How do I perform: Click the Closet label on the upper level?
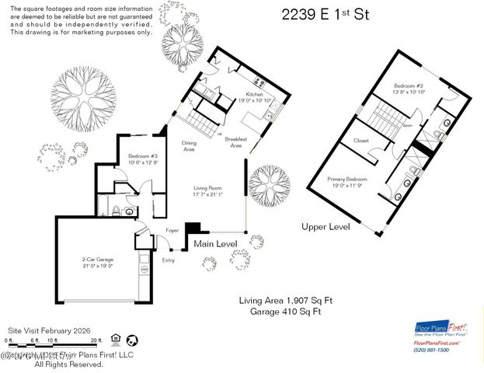[360, 141]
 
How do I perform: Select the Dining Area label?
[189, 146]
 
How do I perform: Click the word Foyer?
[172, 230]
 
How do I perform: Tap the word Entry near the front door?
[169, 260]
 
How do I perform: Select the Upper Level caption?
[326, 226]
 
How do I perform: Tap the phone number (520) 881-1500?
[433, 350]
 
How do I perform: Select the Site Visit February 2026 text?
[49, 330]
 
